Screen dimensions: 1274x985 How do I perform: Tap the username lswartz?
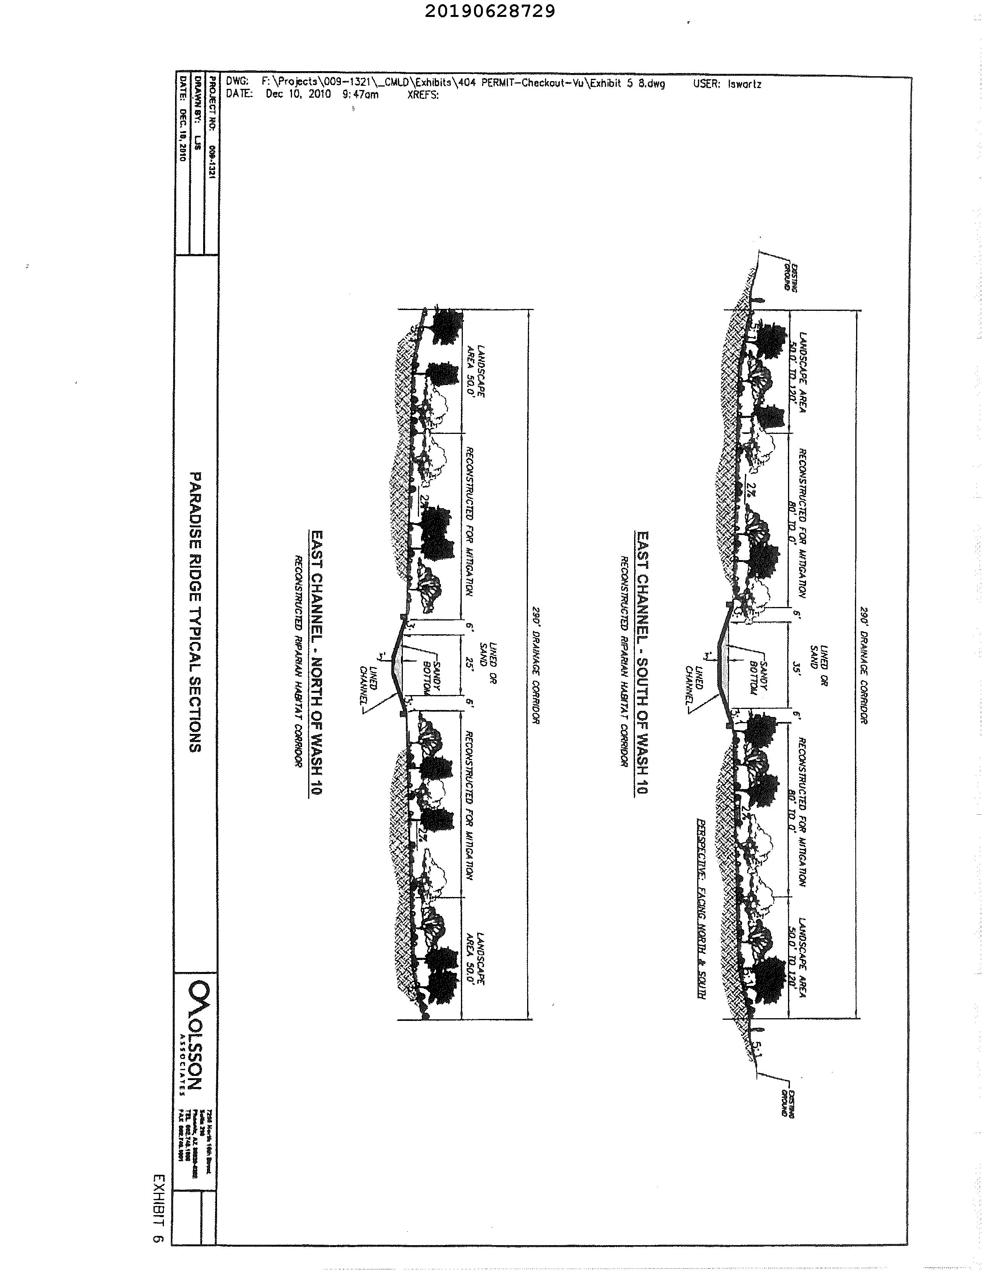coord(744,84)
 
